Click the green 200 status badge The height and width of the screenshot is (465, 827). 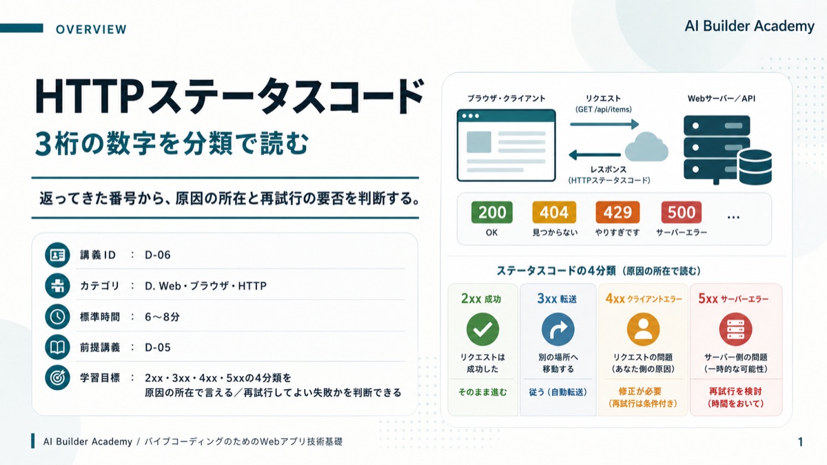point(492,212)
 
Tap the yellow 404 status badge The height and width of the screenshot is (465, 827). point(554,212)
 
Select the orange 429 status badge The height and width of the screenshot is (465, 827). point(617,212)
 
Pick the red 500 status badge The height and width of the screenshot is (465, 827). point(682,212)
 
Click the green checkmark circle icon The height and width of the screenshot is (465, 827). point(482,329)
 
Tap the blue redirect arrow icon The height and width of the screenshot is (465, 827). point(558,329)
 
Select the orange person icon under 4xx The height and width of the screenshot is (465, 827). point(643,329)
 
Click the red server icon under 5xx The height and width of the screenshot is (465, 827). point(735,329)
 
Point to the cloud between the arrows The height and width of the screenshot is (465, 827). point(646,147)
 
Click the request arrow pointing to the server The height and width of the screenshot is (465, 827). point(604,124)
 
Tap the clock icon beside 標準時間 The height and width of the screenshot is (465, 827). point(57,317)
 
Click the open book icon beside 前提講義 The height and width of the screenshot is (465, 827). point(57,347)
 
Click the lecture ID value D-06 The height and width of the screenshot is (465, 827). point(158,255)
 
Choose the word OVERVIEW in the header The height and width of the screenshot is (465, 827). point(91,29)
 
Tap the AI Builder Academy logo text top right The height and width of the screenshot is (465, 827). point(750,26)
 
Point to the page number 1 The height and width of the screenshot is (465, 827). point(800,442)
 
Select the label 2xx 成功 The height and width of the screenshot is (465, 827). point(481,298)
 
